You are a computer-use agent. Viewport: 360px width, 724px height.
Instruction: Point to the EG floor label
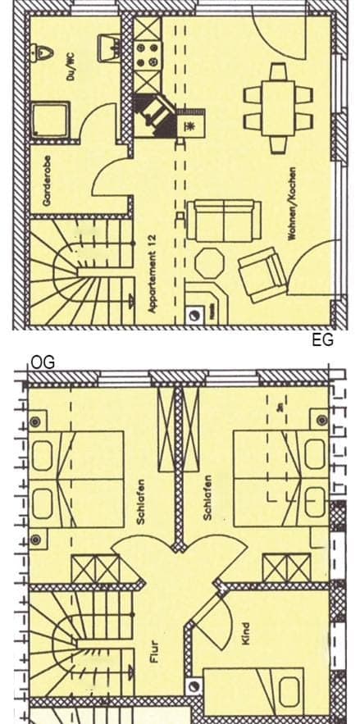click(x=323, y=340)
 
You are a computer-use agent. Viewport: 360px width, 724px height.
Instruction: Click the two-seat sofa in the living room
click(x=219, y=219)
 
